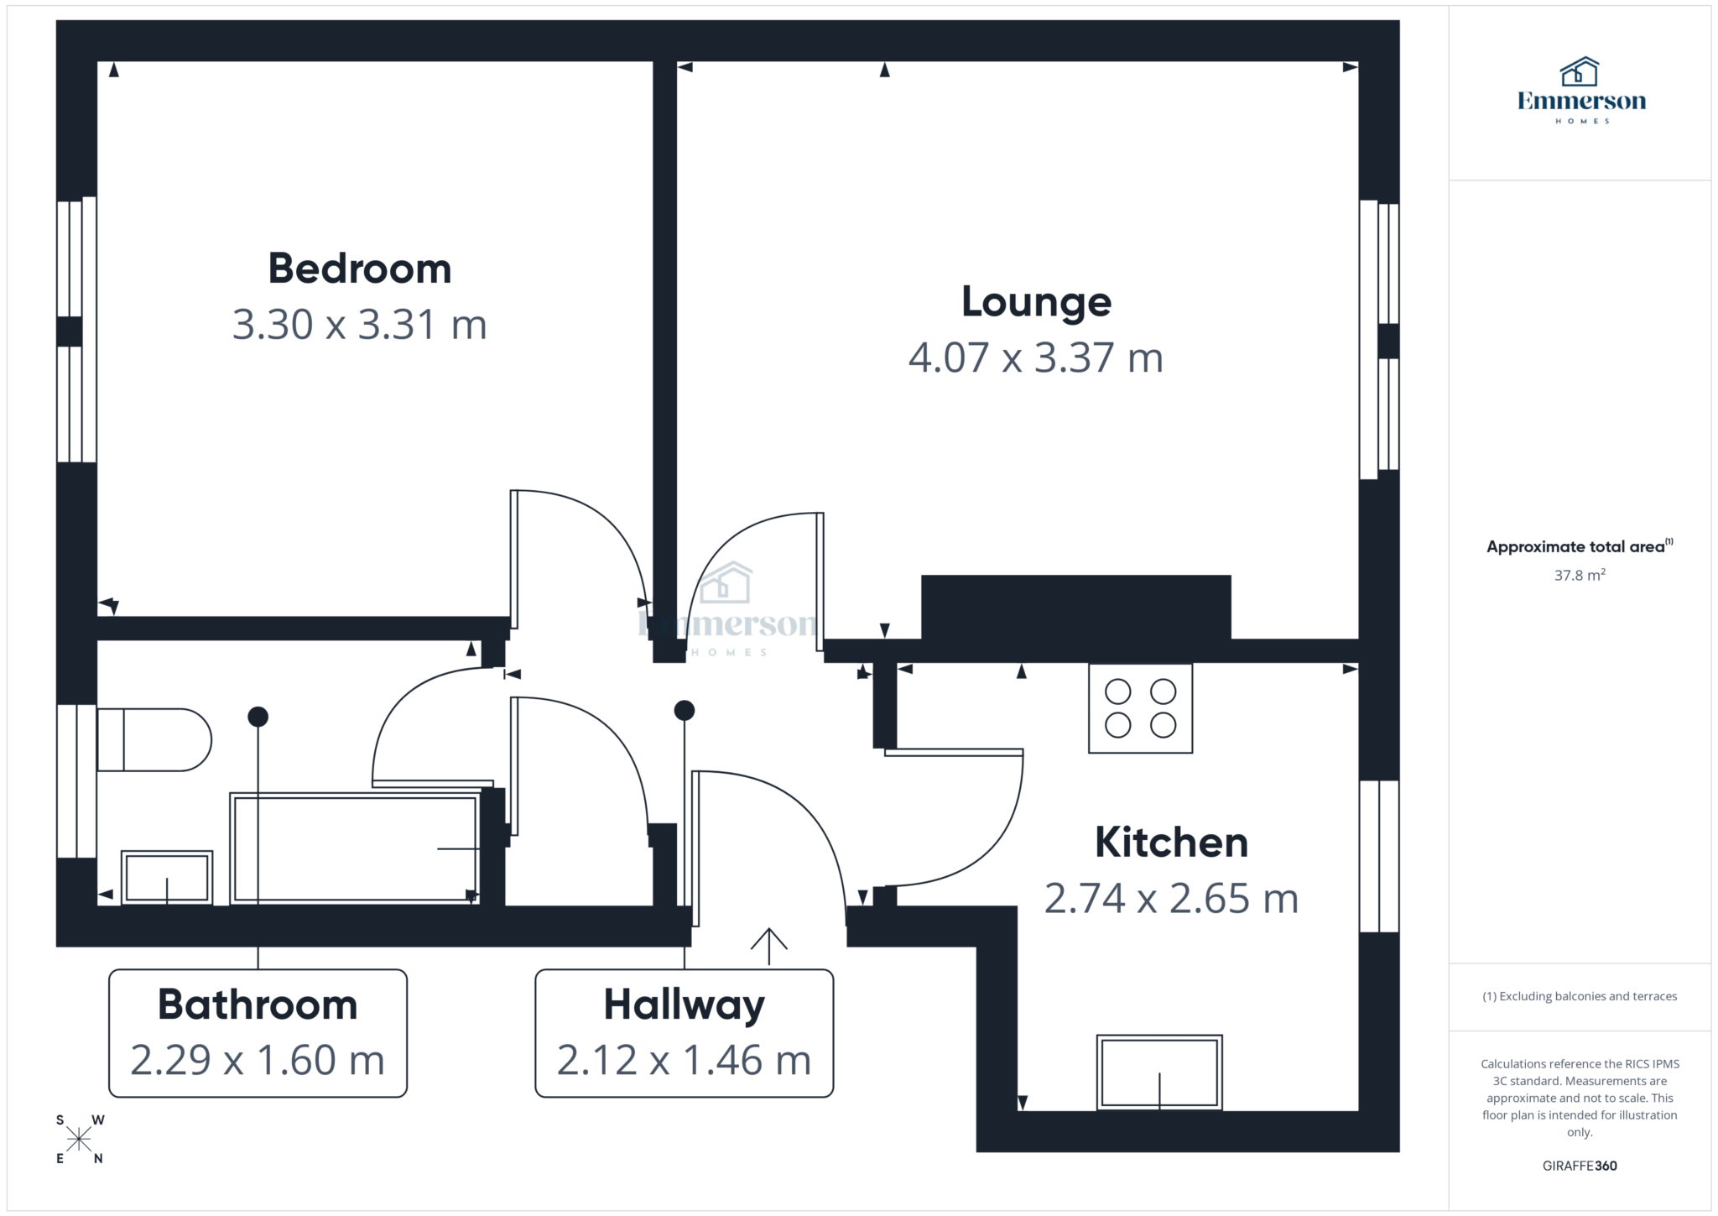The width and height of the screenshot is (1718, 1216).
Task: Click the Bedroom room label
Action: tap(359, 269)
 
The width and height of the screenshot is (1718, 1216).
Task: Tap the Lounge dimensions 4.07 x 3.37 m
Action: tap(1035, 358)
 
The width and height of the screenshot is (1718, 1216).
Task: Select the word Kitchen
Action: tap(1171, 843)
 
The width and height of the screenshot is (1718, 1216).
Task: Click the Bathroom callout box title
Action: tap(258, 1005)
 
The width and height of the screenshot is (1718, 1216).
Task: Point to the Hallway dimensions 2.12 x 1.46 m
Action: tap(684, 1061)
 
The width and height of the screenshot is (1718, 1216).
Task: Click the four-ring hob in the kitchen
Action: tap(1140, 708)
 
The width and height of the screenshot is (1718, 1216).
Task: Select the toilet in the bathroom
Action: tap(154, 739)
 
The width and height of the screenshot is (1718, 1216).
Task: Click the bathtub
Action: tap(354, 848)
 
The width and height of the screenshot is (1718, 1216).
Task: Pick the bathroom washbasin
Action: tap(167, 877)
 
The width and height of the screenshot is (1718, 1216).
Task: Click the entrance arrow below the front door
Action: tap(768, 946)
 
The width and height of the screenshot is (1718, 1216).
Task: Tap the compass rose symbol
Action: tap(80, 1139)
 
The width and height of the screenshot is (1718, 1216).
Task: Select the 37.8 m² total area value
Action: tap(1579, 576)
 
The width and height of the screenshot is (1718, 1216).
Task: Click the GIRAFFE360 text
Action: tap(1579, 1166)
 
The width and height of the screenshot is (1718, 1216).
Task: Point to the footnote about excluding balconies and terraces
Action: tap(1579, 996)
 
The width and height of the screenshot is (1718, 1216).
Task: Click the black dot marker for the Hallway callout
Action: tap(685, 711)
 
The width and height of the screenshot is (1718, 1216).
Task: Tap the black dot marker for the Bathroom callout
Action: tap(258, 717)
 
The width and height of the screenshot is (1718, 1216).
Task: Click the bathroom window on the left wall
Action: tap(76, 780)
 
